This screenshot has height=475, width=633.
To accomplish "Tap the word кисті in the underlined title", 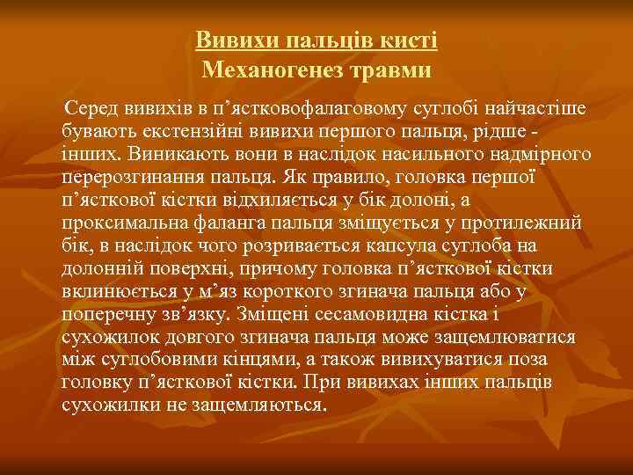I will pyautogui.click(x=411, y=40).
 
